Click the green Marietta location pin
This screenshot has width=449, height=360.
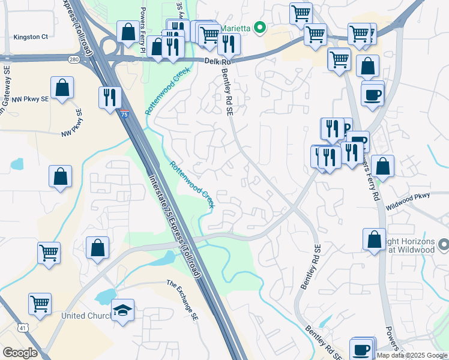click(260, 27)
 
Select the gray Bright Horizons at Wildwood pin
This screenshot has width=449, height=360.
click(444, 244)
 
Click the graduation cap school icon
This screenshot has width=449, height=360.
click(122, 311)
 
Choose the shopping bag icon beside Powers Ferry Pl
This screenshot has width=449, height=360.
click(128, 32)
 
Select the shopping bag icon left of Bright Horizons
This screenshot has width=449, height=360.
click(375, 239)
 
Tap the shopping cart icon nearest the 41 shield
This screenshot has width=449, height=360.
click(40, 304)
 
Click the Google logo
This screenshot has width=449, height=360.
click(20, 353)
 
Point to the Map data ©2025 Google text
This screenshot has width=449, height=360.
click(412, 355)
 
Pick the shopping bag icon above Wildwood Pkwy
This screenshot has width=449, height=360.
click(382, 166)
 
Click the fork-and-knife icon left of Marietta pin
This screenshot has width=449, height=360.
click(228, 43)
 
